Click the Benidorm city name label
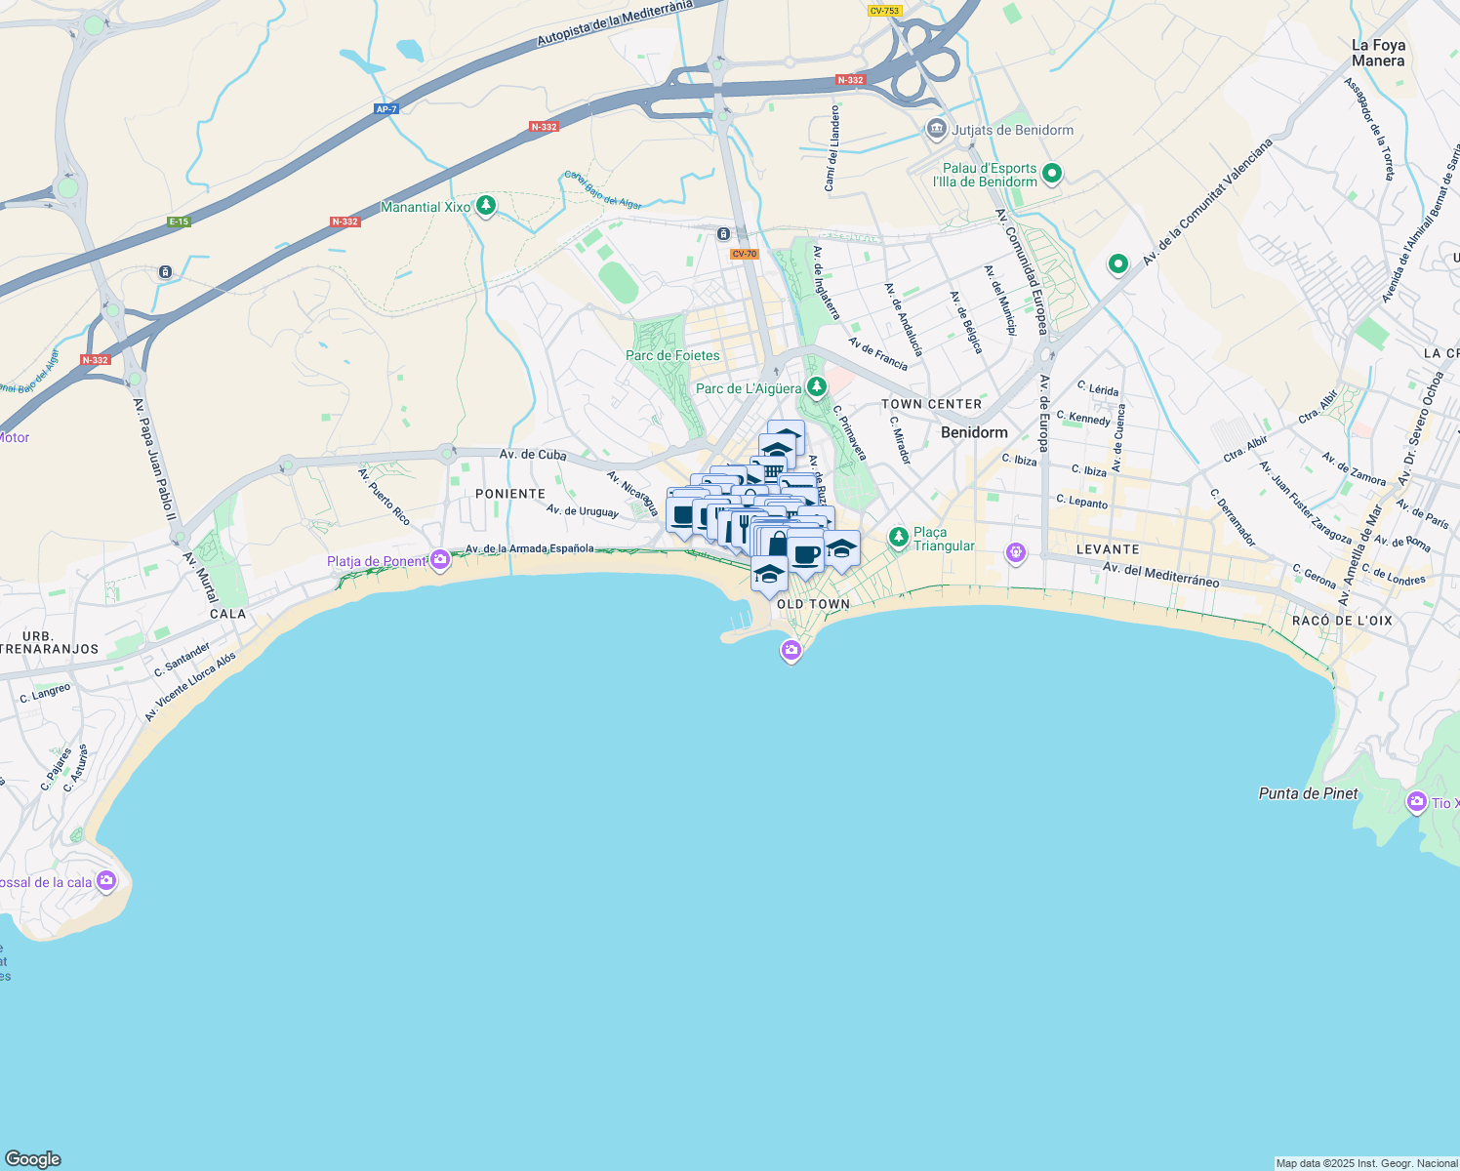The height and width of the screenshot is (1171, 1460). point(974,432)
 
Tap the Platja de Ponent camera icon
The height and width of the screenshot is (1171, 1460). point(440,560)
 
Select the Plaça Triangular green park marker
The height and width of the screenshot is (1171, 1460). point(899,537)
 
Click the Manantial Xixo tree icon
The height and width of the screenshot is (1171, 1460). point(486,206)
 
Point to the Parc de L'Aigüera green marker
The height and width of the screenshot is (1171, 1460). point(817,387)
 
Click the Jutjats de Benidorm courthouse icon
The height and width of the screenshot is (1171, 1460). point(937,129)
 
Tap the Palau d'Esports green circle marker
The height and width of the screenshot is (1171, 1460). point(1052,175)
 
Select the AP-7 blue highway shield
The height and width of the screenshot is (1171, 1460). point(386,109)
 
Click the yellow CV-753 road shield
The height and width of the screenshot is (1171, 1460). point(884,11)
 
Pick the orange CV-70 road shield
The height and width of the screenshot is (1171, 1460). point(744,254)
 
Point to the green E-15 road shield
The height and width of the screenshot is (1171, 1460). point(179,222)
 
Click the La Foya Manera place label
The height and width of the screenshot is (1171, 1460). point(1378,53)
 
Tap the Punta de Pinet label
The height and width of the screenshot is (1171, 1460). point(1308,793)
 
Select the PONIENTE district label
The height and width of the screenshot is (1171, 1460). point(510,494)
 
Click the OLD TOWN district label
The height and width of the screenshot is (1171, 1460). point(813,604)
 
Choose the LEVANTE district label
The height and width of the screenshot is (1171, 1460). point(1108,549)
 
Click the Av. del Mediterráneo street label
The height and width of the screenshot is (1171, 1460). point(1160,575)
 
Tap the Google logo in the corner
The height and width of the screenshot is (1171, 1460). point(33,1158)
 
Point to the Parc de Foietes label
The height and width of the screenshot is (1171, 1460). point(672,355)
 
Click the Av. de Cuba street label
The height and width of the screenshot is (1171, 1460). point(533,455)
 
